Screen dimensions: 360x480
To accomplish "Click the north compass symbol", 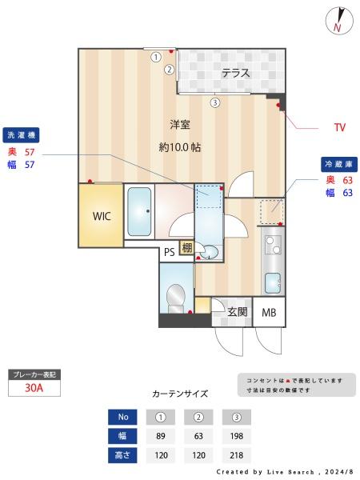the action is (x=339, y=21).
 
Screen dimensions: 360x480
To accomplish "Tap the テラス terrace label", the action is (x=236, y=73).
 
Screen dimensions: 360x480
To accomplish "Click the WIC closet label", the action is (x=102, y=216).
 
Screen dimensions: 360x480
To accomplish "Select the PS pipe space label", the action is (x=170, y=252).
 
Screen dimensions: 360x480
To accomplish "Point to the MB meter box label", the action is (x=269, y=313).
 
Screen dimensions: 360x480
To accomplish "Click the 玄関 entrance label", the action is (x=238, y=312).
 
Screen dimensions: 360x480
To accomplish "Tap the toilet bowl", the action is (x=176, y=298).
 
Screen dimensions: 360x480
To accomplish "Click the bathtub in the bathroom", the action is (x=139, y=211).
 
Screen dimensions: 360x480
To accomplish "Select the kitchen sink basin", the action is (x=273, y=282).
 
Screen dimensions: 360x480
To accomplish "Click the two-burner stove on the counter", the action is (x=273, y=245).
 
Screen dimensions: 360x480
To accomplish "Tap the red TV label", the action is (x=340, y=127).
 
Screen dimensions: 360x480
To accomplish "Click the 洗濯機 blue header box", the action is (x=21, y=135).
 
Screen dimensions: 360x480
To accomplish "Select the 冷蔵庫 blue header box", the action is (x=339, y=164).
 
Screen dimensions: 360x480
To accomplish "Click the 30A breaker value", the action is (x=34, y=388).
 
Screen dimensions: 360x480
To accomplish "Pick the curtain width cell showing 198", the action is (x=236, y=436).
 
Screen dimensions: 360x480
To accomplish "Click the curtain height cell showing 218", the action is (x=236, y=455).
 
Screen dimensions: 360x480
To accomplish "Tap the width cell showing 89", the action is (x=161, y=436).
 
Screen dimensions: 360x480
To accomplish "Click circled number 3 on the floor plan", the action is (x=215, y=102).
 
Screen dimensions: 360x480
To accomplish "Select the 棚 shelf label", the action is (x=187, y=247).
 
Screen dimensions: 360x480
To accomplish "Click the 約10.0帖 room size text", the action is (x=180, y=147).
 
